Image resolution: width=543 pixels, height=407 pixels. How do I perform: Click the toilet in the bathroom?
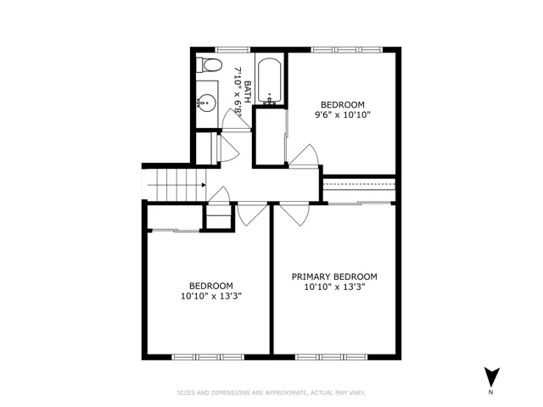pyautogui.click(x=209, y=65)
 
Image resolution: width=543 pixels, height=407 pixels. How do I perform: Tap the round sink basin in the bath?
pyautogui.click(x=207, y=103)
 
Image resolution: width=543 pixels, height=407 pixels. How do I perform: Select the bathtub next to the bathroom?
pyautogui.click(x=270, y=81)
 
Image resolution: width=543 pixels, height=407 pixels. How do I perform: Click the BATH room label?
pyautogui.click(x=248, y=92)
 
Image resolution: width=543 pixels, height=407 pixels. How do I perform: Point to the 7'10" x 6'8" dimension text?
pyautogui.click(x=238, y=92)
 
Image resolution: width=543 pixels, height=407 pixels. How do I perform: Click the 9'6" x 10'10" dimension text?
pyautogui.click(x=343, y=115)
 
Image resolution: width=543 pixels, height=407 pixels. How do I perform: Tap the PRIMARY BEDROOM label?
pyautogui.click(x=334, y=277)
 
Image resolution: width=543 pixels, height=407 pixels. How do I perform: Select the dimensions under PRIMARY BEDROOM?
pyautogui.click(x=335, y=287)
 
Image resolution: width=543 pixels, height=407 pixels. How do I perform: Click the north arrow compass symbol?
pyautogui.click(x=492, y=376)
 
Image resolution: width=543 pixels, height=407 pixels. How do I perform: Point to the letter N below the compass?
pyautogui.click(x=490, y=393)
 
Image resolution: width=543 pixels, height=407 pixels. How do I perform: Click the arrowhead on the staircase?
pyautogui.click(x=204, y=185)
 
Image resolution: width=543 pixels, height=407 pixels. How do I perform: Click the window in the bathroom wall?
pyautogui.click(x=232, y=50)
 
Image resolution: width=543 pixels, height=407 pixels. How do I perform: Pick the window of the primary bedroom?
pyautogui.click(x=332, y=357)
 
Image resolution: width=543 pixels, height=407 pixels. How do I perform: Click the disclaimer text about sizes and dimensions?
pyautogui.click(x=271, y=393)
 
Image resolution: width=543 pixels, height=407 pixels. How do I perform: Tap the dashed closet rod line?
pyautogui.click(x=359, y=185)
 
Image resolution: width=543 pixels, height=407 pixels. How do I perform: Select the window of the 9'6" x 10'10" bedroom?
pyautogui.click(x=347, y=50)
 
